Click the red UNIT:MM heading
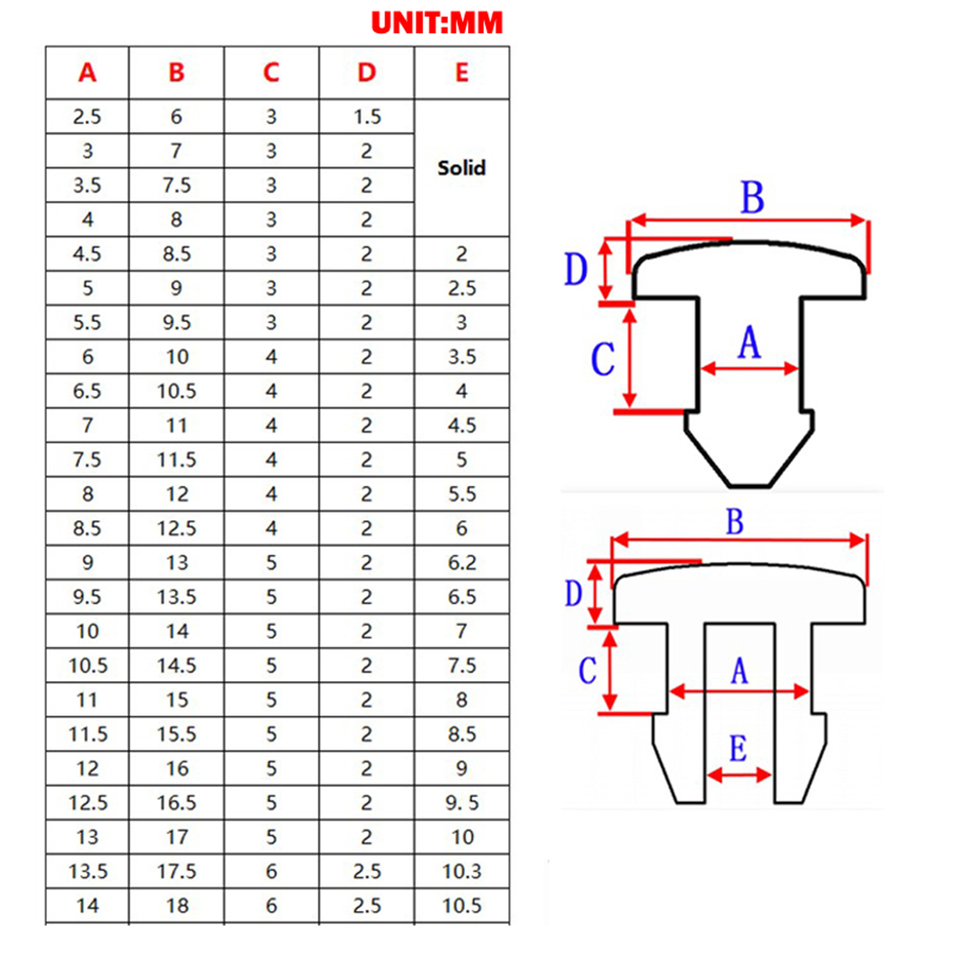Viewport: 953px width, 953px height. pyautogui.click(x=437, y=23)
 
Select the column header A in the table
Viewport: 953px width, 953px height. pyautogui.click(x=88, y=73)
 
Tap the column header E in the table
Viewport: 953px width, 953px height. pyautogui.click(x=462, y=73)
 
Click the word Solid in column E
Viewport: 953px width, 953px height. pyautogui.click(x=462, y=167)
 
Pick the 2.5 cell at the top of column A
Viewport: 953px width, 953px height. pyautogui.click(x=88, y=117)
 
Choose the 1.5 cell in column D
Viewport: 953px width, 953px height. pyautogui.click(x=367, y=117)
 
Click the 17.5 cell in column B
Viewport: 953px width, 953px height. pyautogui.click(x=176, y=871)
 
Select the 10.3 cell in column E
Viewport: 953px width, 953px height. pyautogui.click(x=462, y=871)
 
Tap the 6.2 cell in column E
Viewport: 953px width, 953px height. pyautogui.click(x=462, y=563)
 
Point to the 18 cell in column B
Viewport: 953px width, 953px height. pyautogui.click(x=177, y=905)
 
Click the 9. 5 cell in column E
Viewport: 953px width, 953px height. pyautogui.click(x=462, y=803)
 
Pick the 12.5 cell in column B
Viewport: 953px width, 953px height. pyautogui.click(x=176, y=528)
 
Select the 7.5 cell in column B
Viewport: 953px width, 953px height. pyautogui.click(x=176, y=185)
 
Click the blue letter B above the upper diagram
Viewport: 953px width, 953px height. pyautogui.click(x=752, y=198)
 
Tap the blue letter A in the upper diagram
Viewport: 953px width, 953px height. pyautogui.click(x=749, y=342)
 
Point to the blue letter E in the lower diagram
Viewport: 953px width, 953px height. pyautogui.click(x=738, y=748)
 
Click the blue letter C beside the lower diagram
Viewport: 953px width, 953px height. pyautogui.click(x=587, y=671)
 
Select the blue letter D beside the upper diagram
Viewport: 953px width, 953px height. pyautogui.click(x=576, y=269)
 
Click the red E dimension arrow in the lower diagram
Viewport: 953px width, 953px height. pyautogui.click(x=740, y=774)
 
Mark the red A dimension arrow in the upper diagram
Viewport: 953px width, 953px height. pyautogui.click(x=749, y=368)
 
